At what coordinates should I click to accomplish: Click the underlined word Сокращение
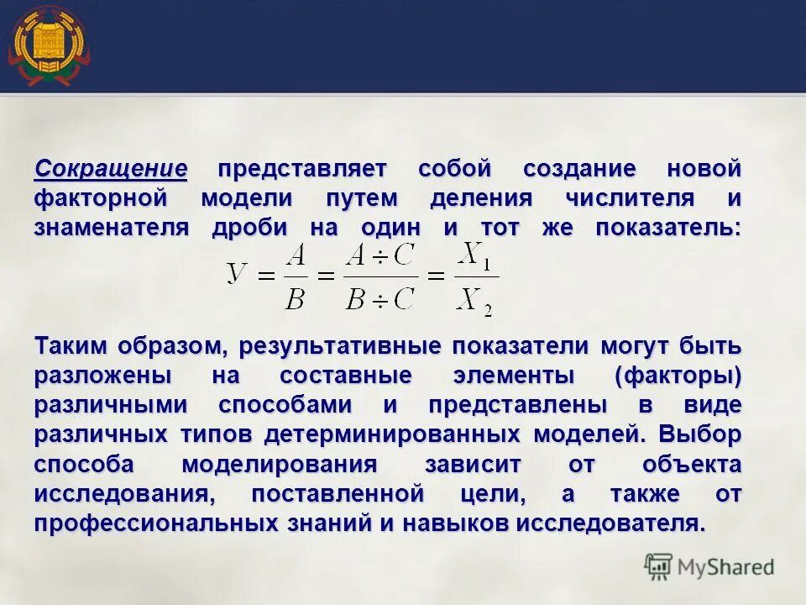[110, 169]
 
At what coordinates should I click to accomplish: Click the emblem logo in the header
[48, 45]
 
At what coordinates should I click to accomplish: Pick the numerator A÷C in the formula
[380, 256]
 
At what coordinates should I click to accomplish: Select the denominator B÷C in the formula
[380, 298]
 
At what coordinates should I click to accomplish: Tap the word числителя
[618, 199]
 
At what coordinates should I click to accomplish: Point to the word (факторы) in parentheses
[678, 376]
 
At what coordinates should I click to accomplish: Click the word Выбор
[700, 435]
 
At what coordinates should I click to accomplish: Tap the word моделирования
[280, 465]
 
